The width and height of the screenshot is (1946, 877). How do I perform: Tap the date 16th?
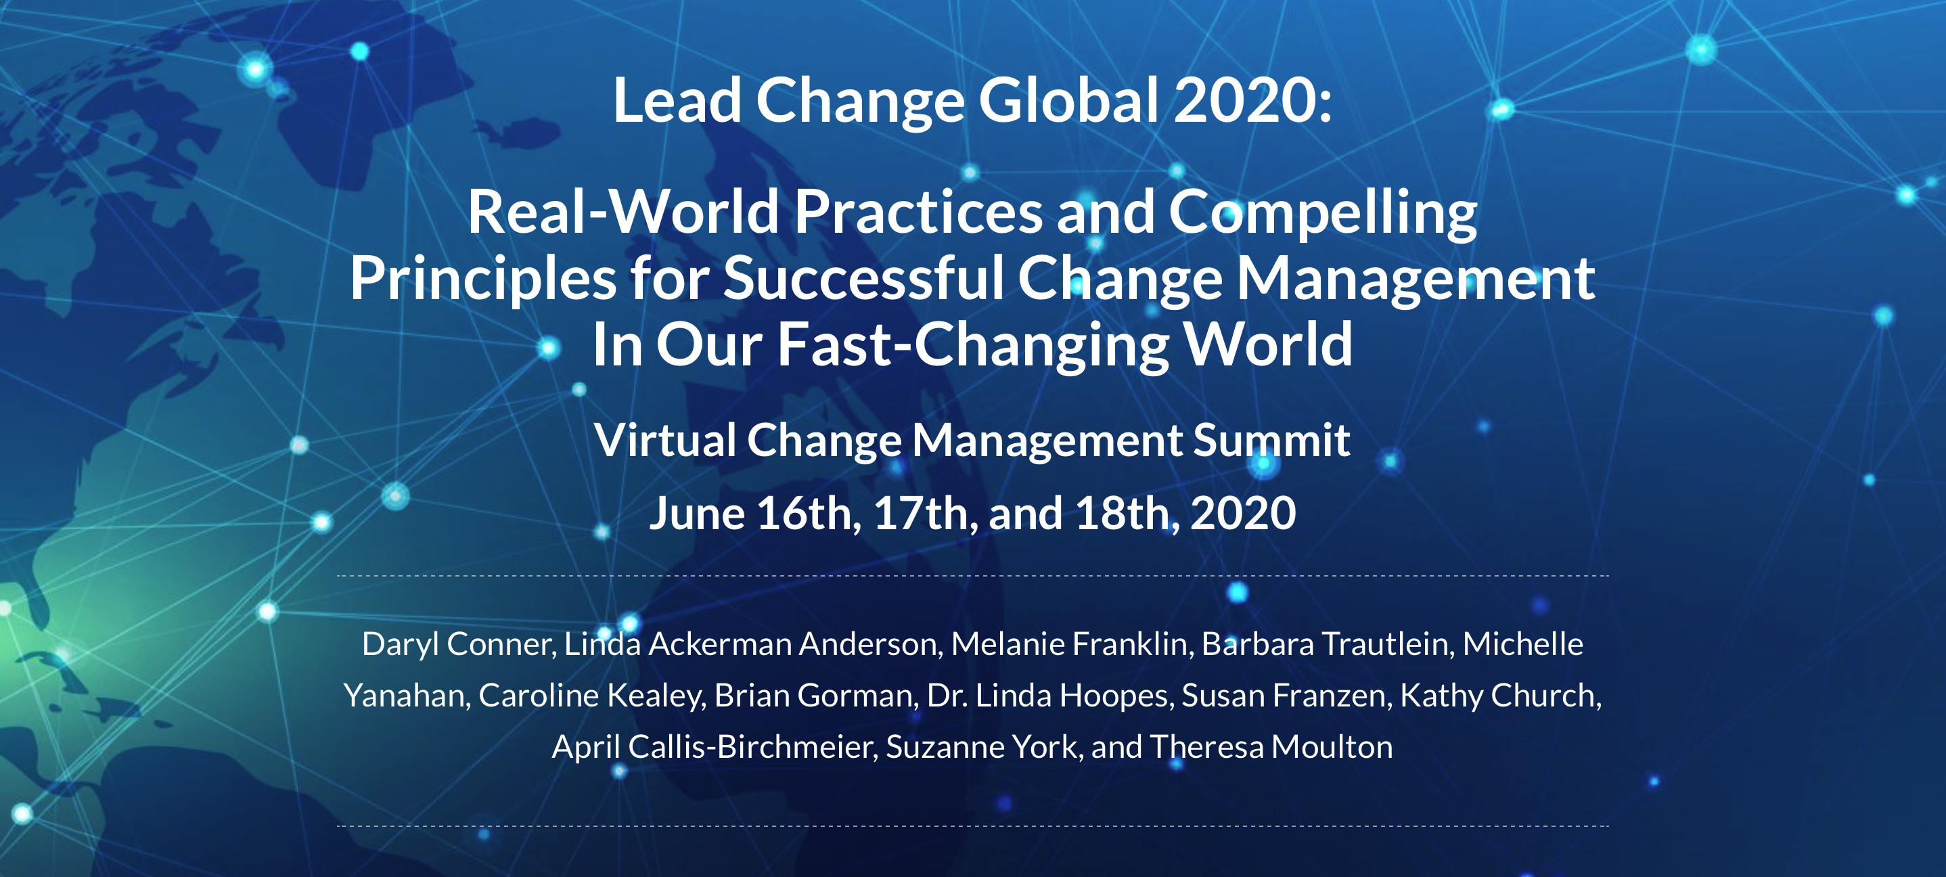(809, 514)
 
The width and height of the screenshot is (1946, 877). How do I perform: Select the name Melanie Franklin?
(1072, 644)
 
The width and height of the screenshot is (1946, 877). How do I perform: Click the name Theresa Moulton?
(1271, 747)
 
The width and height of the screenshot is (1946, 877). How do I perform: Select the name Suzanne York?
(985, 747)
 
